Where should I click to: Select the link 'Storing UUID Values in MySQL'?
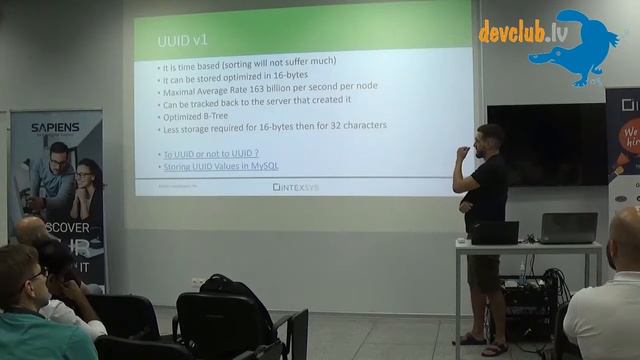pos(220,165)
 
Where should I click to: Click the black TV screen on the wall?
pos(546,144)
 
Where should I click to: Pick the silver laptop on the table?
pos(568,228)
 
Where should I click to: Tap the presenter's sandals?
pos(480,344)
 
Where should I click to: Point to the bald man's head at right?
pos(627,236)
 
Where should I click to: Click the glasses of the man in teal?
pos(38,271)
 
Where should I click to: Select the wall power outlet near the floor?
pos(197,283)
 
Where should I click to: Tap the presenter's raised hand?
pos(460,152)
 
